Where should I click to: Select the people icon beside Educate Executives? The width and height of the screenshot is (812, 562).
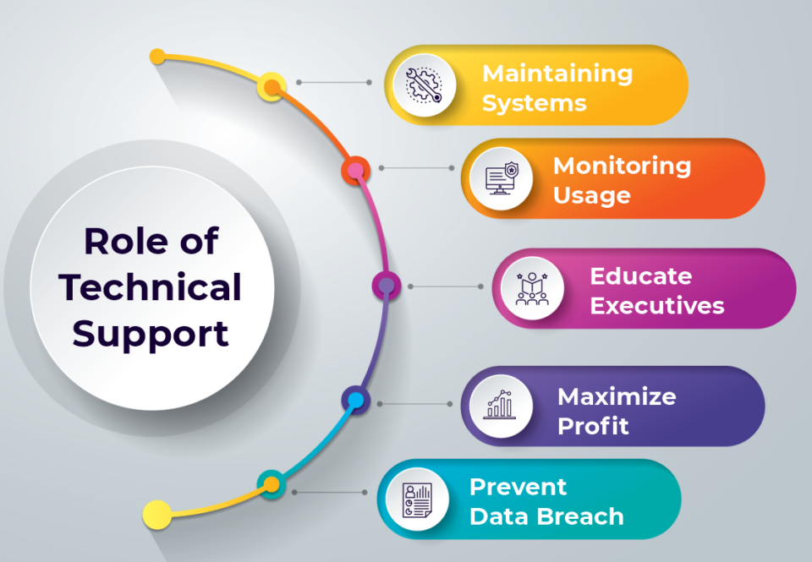(x=532, y=288)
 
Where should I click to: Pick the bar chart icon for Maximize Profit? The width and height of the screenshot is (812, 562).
(x=501, y=406)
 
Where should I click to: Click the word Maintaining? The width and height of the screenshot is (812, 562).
(x=557, y=74)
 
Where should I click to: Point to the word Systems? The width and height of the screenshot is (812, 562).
(x=534, y=103)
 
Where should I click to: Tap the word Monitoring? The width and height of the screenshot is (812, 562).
(x=622, y=166)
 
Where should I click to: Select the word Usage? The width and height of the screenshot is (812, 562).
(x=591, y=195)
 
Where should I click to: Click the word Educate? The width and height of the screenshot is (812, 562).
(x=640, y=276)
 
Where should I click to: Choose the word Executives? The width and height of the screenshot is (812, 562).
(x=656, y=305)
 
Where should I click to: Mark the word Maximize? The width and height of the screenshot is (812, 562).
(x=617, y=396)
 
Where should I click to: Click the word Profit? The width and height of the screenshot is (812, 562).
(x=593, y=426)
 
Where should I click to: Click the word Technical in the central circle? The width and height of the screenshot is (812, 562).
(x=151, y=288)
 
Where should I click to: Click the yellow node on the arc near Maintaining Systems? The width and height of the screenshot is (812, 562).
(x=271, y=85)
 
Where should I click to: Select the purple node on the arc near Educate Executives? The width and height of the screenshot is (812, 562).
(x=387, y=286)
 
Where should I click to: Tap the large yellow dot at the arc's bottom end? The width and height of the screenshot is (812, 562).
(x=156, y=513)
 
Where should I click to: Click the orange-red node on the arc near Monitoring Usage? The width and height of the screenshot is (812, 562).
(x=356, y=170)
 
